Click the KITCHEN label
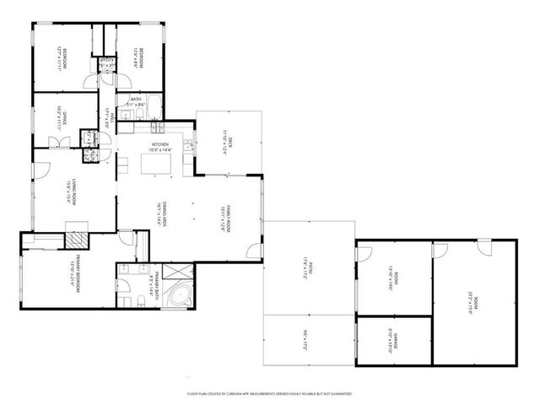pyautogui.click(x=160, y=145)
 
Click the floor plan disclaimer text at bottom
pyautogui.click(x=270, y=393)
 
